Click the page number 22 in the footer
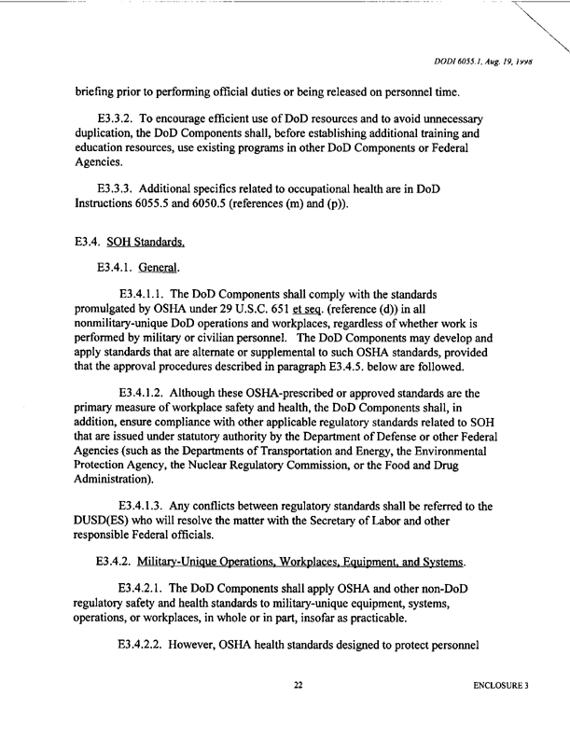point(299,713)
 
